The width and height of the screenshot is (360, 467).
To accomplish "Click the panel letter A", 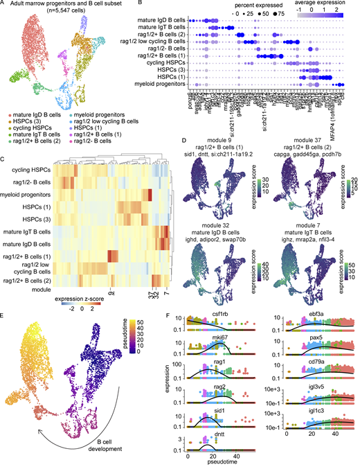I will (x=5, y=5).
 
